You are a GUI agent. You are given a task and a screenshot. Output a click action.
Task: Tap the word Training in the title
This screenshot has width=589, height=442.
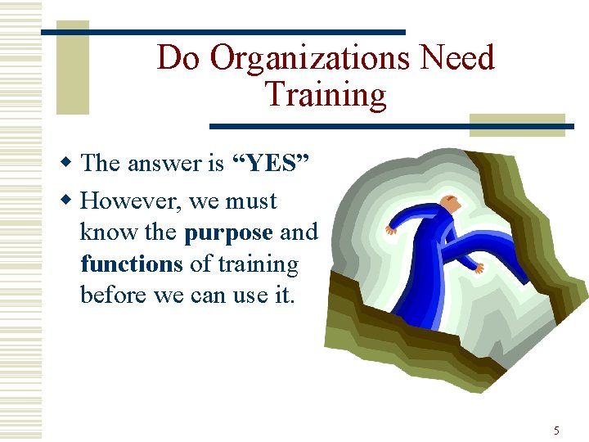(325, 95)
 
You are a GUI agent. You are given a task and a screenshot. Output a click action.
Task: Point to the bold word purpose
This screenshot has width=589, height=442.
(228, 232)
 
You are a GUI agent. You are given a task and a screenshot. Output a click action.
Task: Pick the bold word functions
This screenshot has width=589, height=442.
(131, 264)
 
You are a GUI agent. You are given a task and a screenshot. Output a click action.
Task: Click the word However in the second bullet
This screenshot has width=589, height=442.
(128, 201)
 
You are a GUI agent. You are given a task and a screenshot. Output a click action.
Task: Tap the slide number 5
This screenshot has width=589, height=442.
(556, 431)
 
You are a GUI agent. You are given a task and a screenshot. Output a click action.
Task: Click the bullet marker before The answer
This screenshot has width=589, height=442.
(70, 164)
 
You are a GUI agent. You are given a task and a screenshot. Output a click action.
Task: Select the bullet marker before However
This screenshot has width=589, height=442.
(70, 201)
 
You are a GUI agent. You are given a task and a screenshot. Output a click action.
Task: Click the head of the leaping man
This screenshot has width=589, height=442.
(448, 202)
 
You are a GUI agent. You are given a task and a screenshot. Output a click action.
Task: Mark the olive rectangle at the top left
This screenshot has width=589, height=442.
(71, 57)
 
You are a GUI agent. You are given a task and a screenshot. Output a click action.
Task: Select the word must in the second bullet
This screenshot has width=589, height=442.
(251, 201)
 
